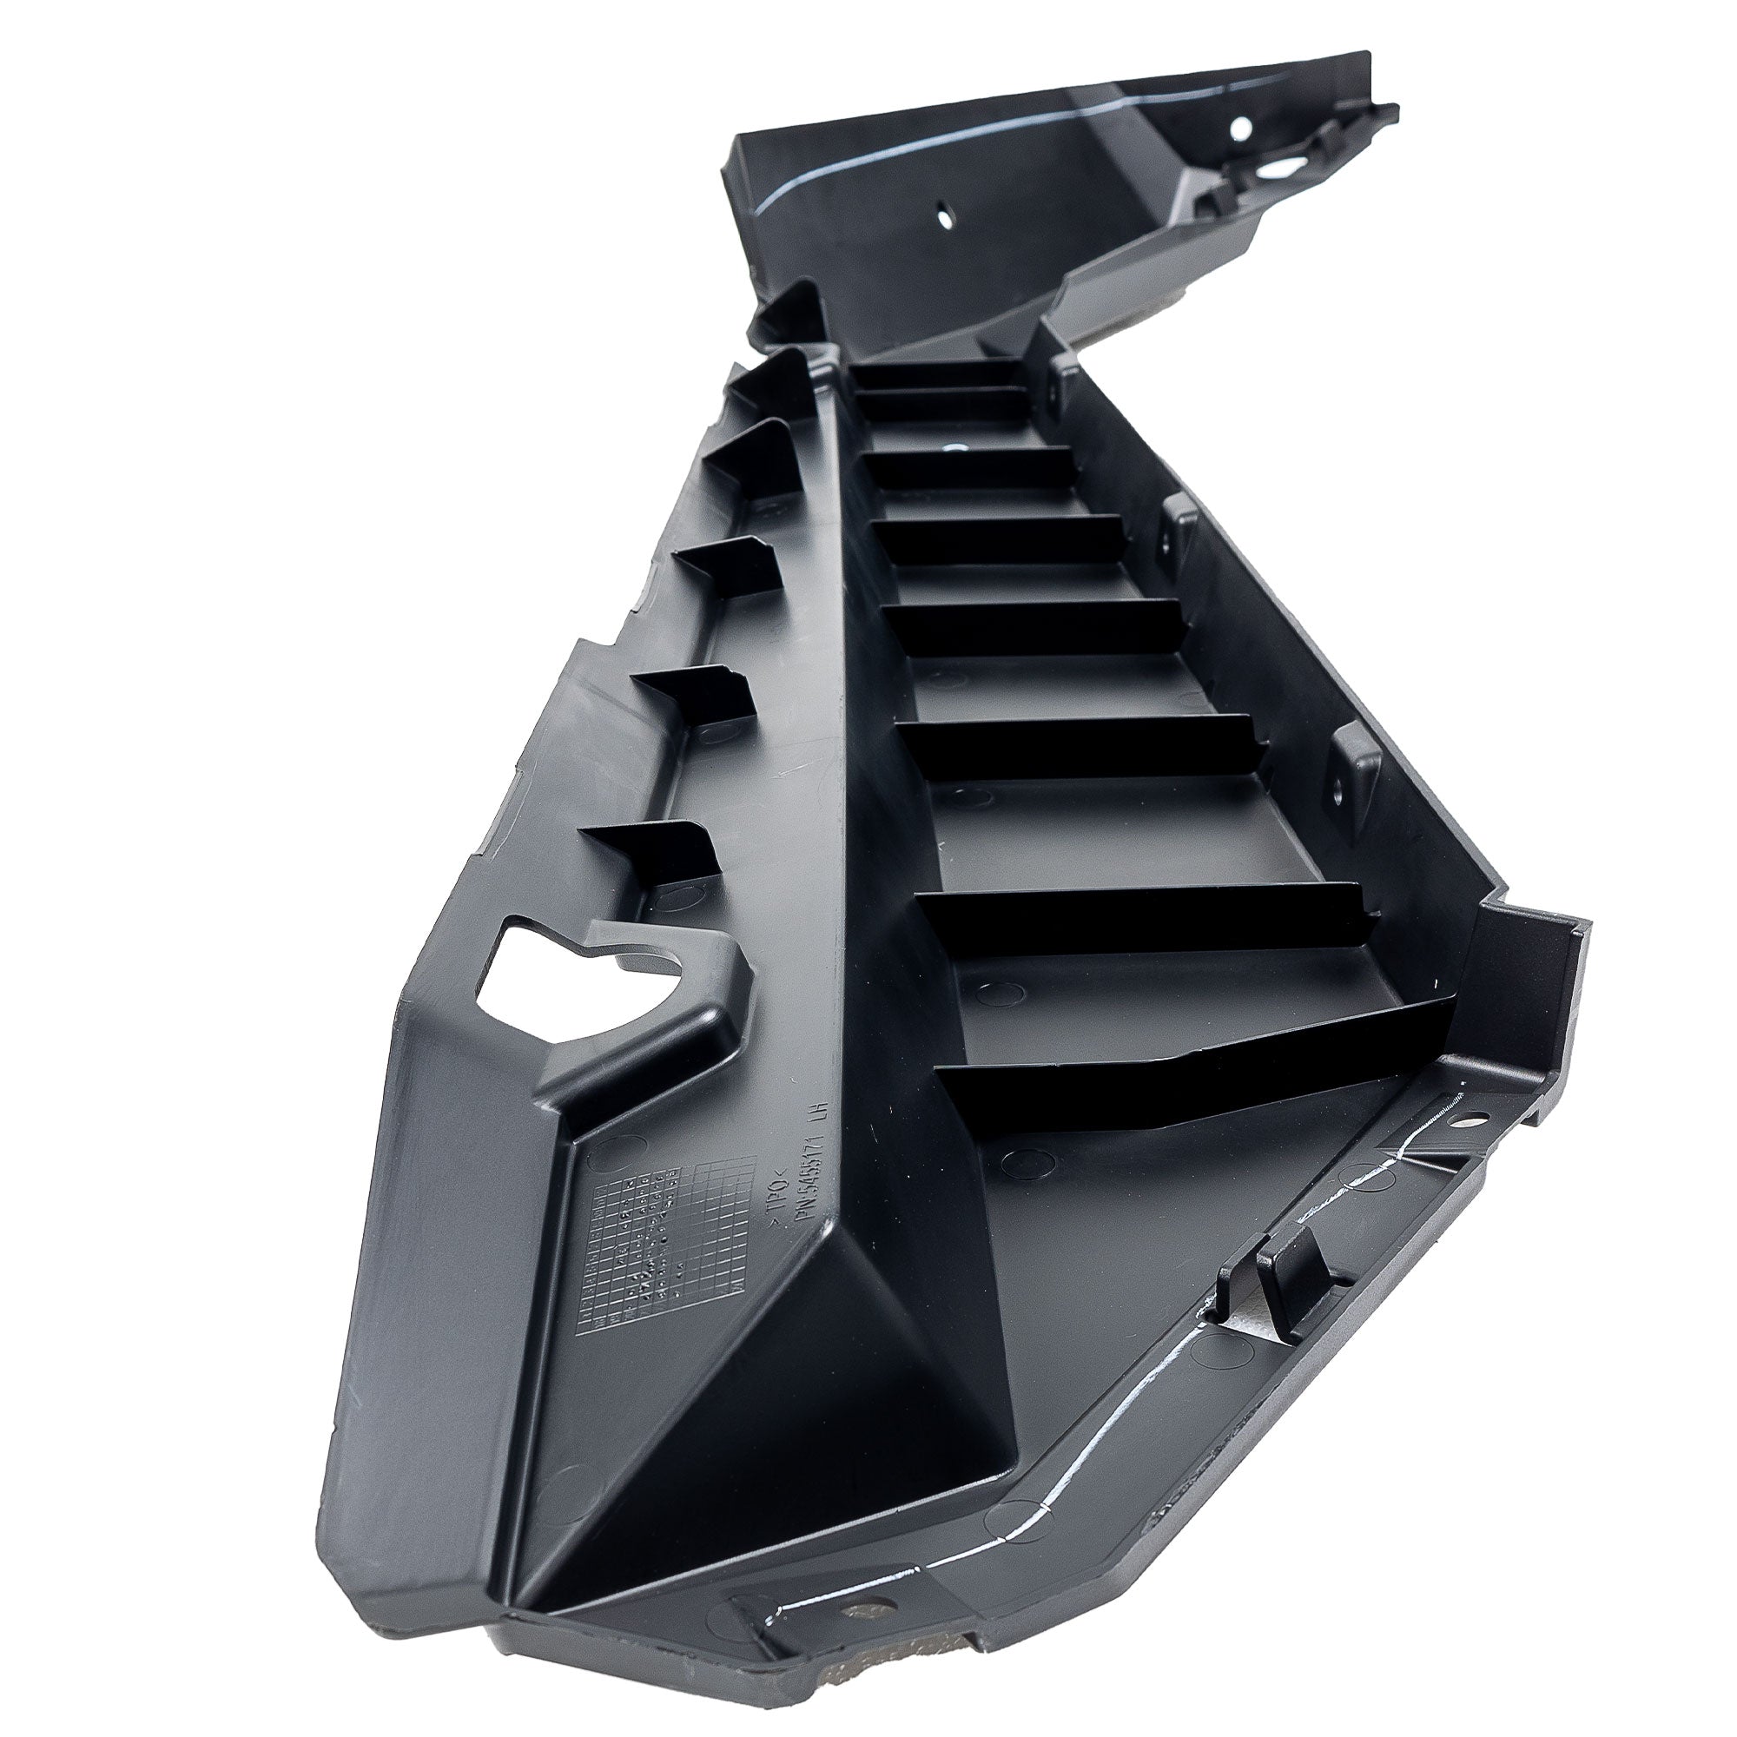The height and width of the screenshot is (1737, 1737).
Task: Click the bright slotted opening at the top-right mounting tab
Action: click(1277, 168)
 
